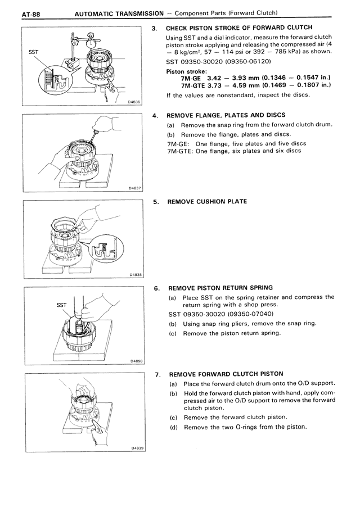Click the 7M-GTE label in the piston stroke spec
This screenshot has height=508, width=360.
[x=194, y=85]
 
